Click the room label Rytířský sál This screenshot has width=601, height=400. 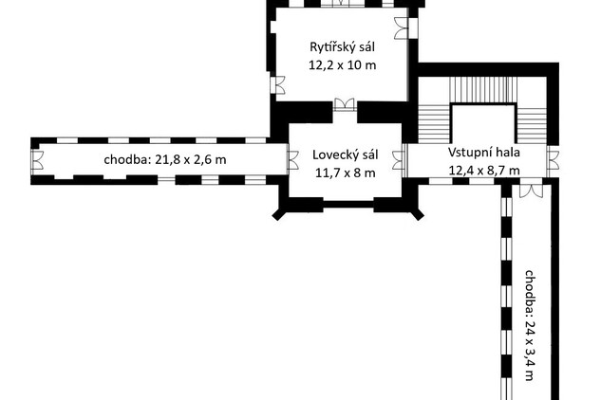343,47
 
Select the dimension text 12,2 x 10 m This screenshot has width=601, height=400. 343,65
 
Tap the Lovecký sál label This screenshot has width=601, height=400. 346,155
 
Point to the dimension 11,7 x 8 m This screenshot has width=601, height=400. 346,173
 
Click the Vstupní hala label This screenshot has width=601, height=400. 484,153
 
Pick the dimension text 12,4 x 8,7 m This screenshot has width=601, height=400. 484,170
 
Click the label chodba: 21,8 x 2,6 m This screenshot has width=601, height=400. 165,159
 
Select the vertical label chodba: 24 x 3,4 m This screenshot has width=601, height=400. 530,325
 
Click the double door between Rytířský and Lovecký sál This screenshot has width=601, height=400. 345,104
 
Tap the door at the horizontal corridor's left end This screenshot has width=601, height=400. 38,159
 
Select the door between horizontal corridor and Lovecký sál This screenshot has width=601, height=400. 292,159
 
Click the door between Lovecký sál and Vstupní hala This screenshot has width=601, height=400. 400,159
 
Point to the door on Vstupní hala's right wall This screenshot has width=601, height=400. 553,159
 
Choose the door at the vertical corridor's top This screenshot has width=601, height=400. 531,191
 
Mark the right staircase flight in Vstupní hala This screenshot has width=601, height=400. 532,125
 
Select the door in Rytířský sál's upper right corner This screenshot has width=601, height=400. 402,27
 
